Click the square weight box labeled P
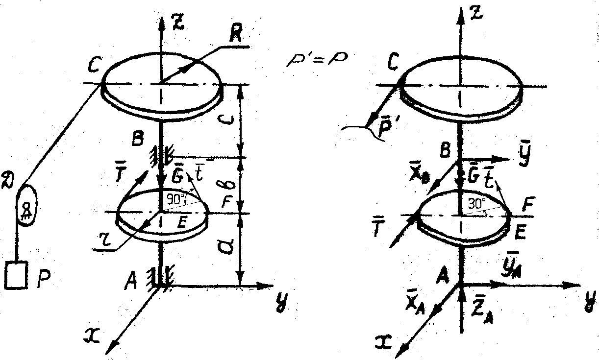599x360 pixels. (x=16, y=276)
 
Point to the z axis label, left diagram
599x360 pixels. (x=180, y=23)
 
